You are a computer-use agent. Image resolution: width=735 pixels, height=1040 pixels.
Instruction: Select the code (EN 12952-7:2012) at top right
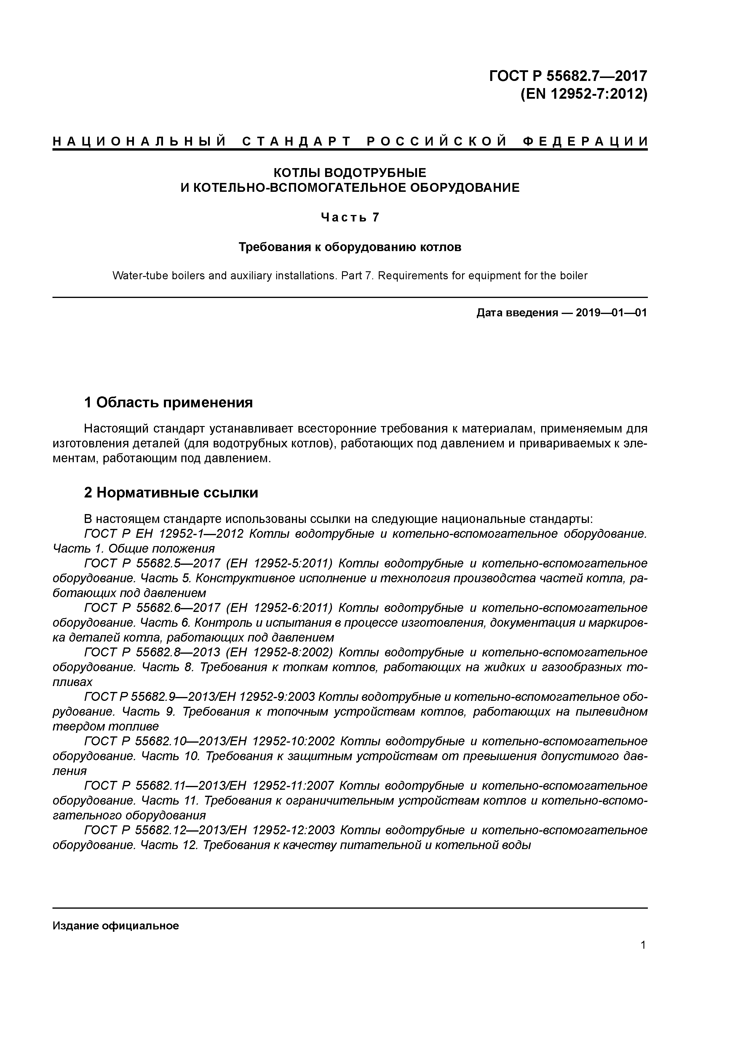(x=584, y=94)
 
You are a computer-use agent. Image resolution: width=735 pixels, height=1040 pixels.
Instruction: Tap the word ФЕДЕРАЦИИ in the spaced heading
(x=585, y=141)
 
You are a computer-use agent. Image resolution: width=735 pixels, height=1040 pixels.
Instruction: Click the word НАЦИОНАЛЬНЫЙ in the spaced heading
(x=140, y=141)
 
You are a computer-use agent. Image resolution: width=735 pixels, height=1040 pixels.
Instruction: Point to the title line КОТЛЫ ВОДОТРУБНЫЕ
(x=350, y=173)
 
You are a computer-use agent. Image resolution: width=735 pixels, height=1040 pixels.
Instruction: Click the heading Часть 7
(x=350, y=217)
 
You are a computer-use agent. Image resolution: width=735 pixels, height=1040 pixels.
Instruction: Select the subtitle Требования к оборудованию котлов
(x=350, y=247)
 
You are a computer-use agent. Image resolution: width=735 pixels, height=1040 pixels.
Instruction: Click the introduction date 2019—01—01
(x=611, y=312)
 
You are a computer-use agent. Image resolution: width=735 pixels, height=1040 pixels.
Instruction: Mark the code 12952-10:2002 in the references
(x=293, y=741)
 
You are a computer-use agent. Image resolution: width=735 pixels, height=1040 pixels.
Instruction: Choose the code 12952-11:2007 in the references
(x=293, y=785)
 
